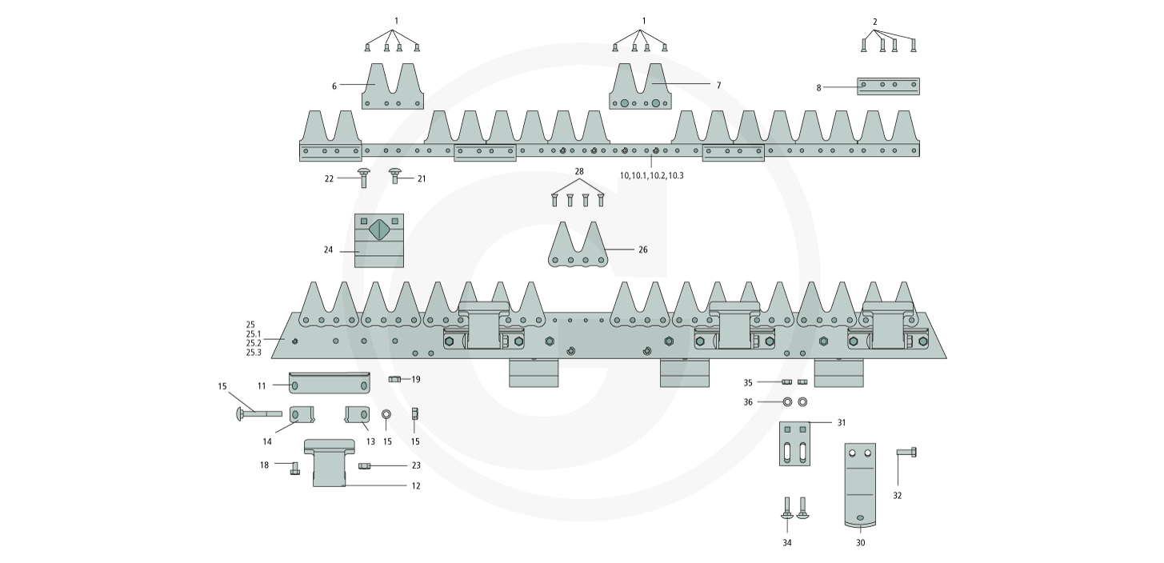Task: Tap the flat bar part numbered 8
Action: (x=888, y=86)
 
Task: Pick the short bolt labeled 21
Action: (x=394, y=176)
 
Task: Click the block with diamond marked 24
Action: (x=379, y=240)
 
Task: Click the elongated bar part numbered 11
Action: (x=329, y=384)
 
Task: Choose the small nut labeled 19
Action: (x=394, y=379)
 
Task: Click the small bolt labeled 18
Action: (x=294, y=468)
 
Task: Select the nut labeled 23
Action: (x=364, y=465)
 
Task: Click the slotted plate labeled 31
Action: (x=795, y=443)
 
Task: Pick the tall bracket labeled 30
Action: (x=860, y=484)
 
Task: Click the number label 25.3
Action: (x=254, y=353)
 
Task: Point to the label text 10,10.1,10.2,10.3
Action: (x=651, y=175)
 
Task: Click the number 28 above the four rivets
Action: (x=579, y=172)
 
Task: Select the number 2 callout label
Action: (x=875, y=21)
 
